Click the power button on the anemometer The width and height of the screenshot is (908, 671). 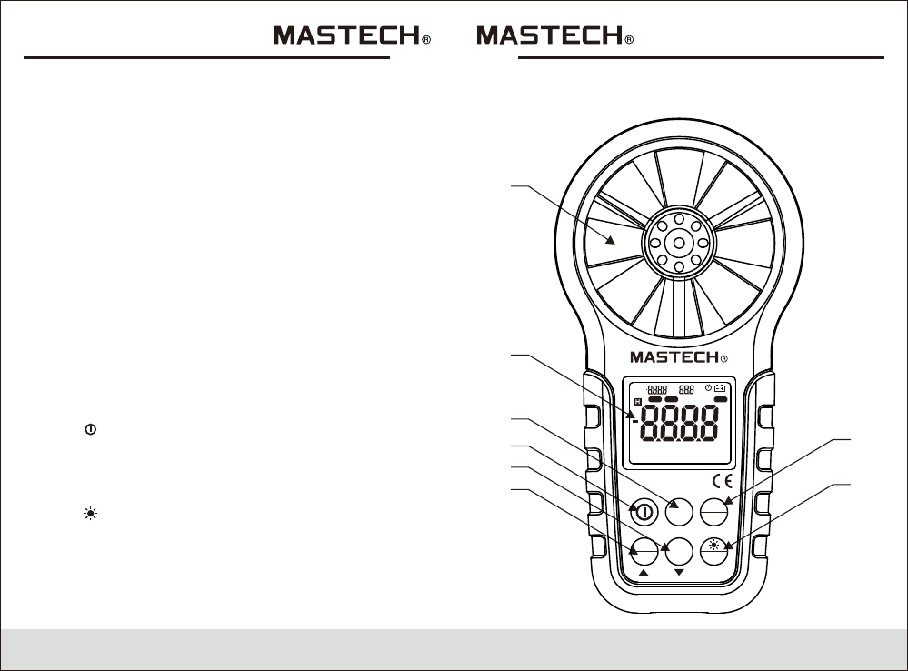pyautogui.click(x=644, y=513)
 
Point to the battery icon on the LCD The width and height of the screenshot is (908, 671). pyautogui.click(x=721, y=389)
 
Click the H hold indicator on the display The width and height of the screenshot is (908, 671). pyautogui.click(x=636, y=400)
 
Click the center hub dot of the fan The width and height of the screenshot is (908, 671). pyautogui.click(x=677, y=243)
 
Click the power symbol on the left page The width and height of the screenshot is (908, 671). pyautogui.click(x=90, y=428)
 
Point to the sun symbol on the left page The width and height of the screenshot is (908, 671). pyautogui.click(x=90, y=514)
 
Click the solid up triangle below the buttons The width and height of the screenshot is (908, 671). pyautogui.click(x=644, y=575)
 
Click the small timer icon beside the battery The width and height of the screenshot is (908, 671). pyautogui.click(x=708, y=388)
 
